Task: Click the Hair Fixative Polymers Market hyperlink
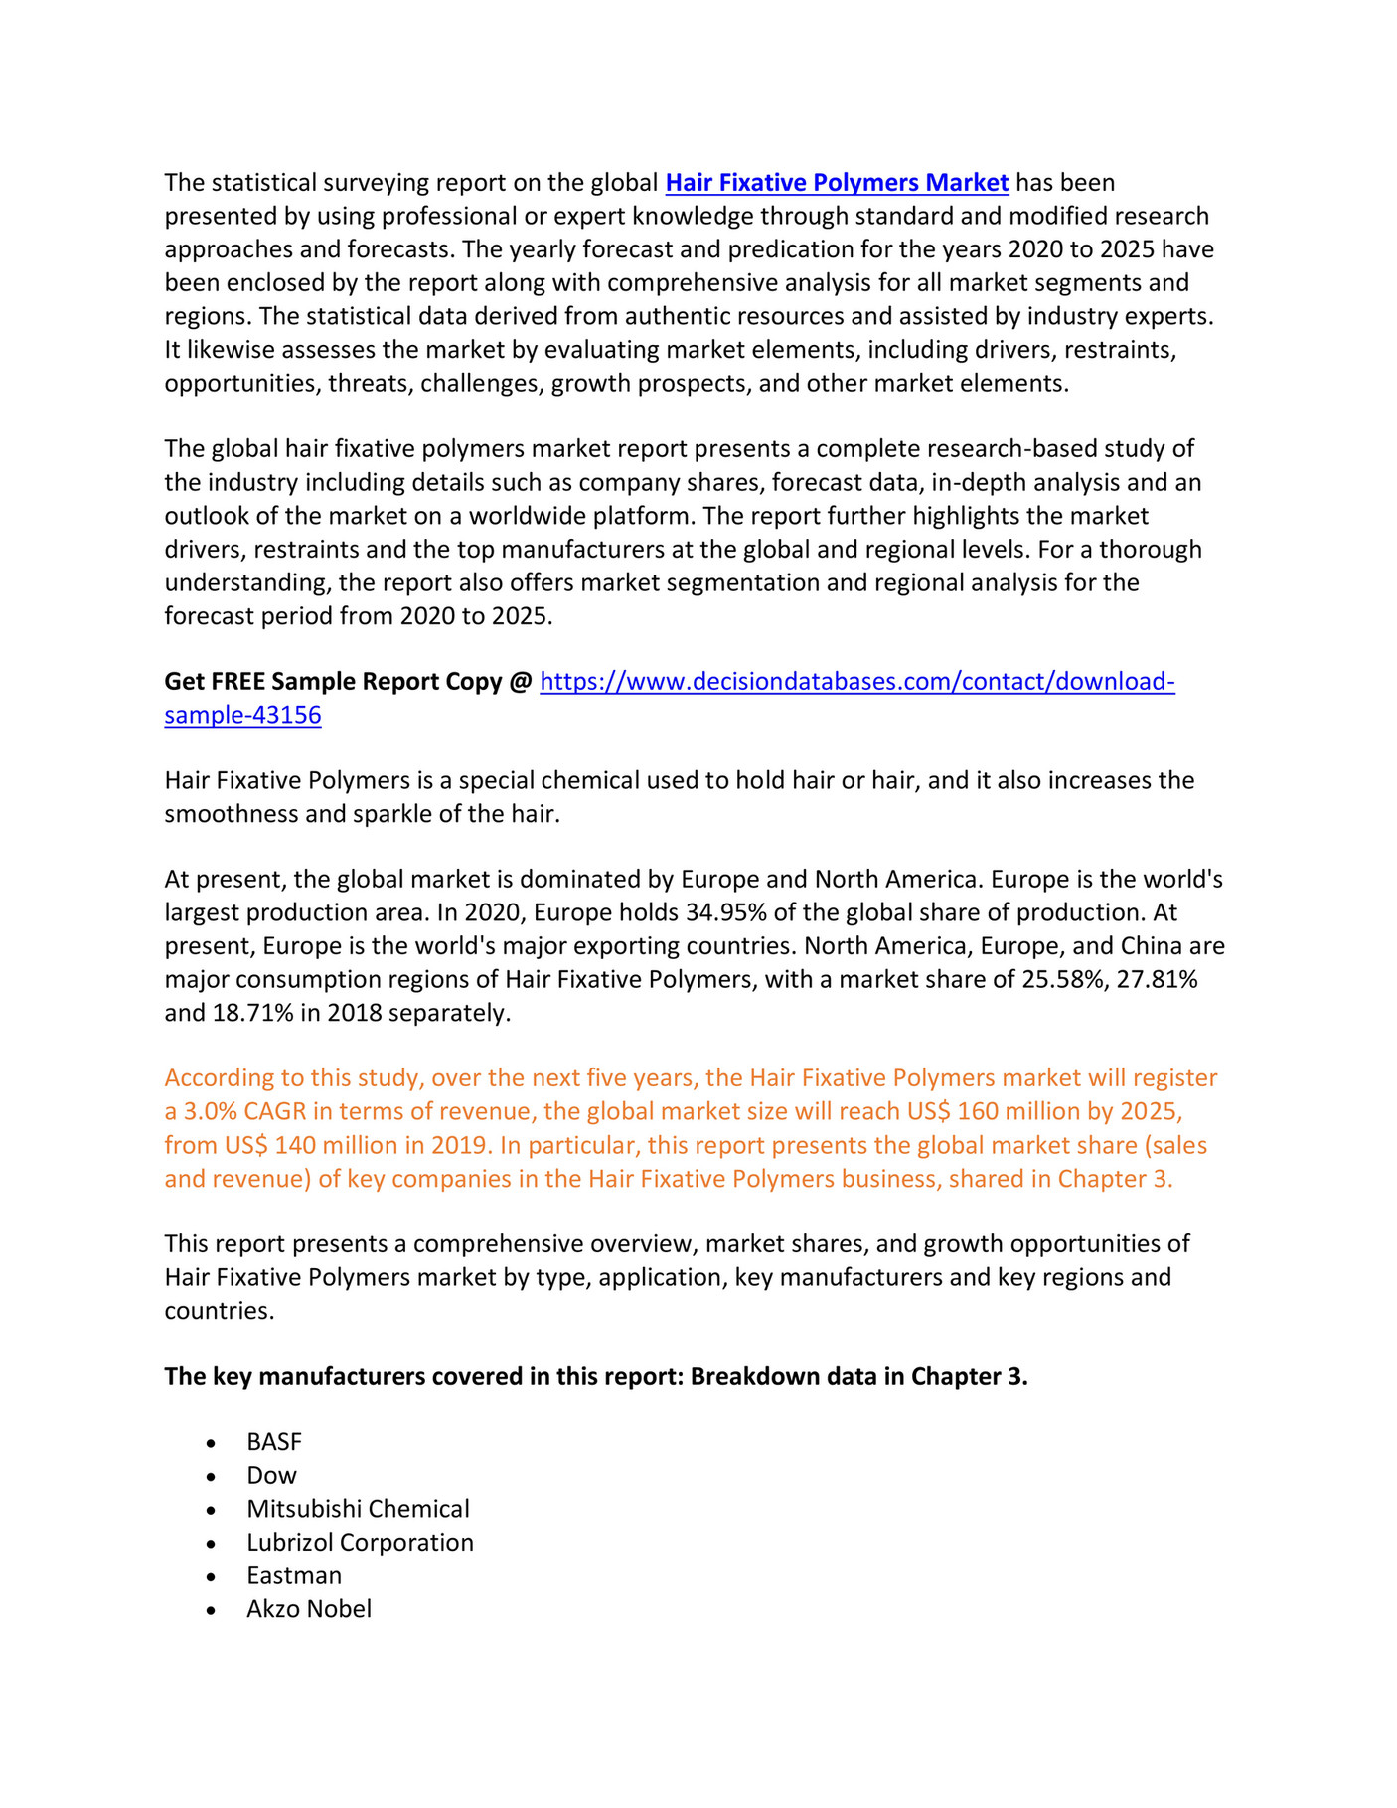click(837, 183)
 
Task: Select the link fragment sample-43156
click(242, 716)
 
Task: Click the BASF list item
click(274, 1442)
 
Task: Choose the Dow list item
click(271, 1476)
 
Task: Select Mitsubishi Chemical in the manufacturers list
click(358, 1509)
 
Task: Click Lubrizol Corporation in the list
click(360, 1543)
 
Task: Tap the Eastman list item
click(294, 1576)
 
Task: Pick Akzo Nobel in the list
click(309, 1609)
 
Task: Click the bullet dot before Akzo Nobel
click(211, 1611)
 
